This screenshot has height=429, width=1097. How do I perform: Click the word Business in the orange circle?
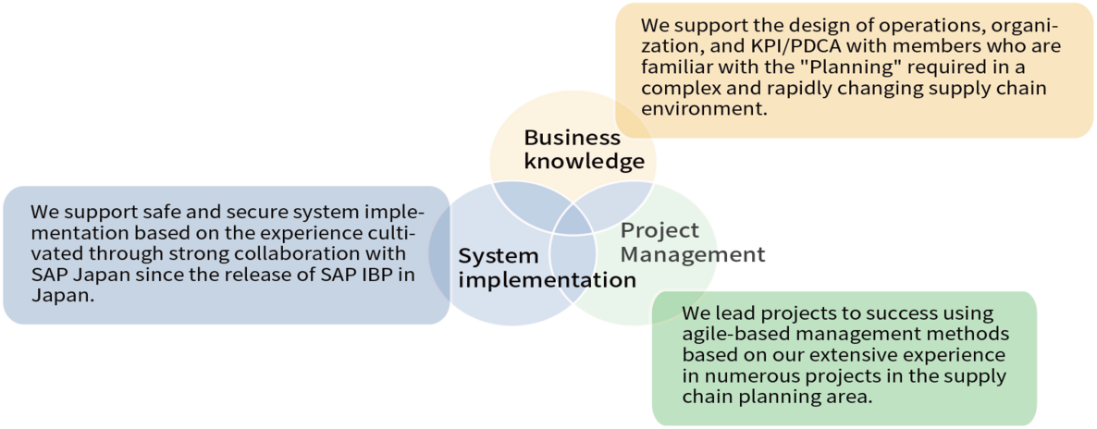point(572,138)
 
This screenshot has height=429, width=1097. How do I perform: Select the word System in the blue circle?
point(498,256)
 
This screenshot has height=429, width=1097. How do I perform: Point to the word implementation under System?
point(547,279)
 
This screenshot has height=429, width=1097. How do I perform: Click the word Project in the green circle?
point(659,230)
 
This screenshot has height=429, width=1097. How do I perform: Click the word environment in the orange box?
point(704,108)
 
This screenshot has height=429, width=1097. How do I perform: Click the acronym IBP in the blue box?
point(383,276)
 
